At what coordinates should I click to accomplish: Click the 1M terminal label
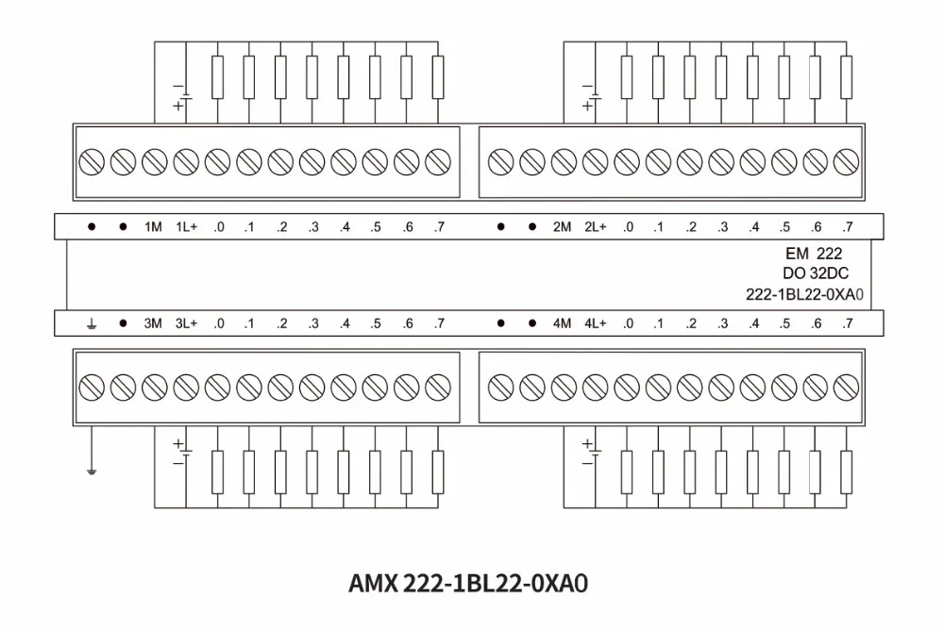(x=153, y=227)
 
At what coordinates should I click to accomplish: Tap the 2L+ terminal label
(x=595, y=227)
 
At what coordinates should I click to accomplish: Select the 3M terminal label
(x=153, y=323)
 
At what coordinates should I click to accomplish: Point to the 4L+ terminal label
(x=595, y=323)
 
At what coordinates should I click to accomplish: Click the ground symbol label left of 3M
(x=92, y=323)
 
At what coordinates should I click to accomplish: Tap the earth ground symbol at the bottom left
(x=92, y=468)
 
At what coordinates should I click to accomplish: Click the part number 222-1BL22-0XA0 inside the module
(x=805, y=294)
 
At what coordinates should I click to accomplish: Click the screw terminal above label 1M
(x=154, y=162)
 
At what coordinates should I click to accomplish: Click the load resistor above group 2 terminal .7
(x=846, y=75)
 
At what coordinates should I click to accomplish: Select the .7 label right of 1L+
(x=438, y=227)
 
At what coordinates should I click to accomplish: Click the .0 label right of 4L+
(x=628, y=323)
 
